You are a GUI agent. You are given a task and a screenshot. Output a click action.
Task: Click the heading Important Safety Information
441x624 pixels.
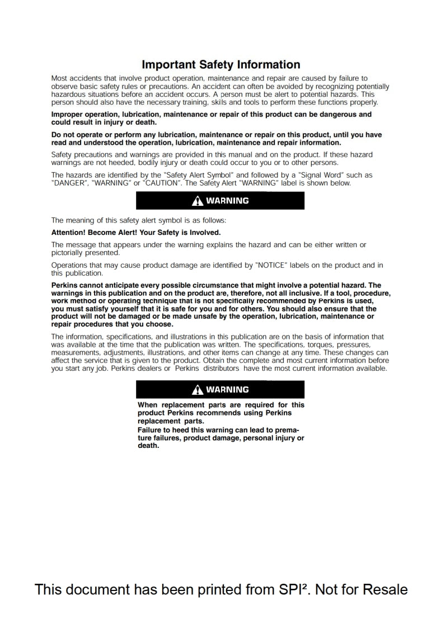221,65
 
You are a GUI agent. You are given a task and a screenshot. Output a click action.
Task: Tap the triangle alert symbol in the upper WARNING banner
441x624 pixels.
197,201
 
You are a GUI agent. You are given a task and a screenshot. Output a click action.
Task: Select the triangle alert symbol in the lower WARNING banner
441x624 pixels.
197,390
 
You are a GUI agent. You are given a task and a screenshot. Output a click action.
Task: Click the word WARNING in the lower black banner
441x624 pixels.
227,390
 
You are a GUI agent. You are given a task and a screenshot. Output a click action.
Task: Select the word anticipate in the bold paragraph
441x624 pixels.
125,285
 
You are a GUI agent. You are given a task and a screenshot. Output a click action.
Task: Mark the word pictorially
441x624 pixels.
68,252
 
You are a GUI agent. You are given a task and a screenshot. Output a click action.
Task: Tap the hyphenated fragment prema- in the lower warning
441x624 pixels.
289,430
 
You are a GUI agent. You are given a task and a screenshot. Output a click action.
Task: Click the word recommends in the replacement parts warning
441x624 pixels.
219,413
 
